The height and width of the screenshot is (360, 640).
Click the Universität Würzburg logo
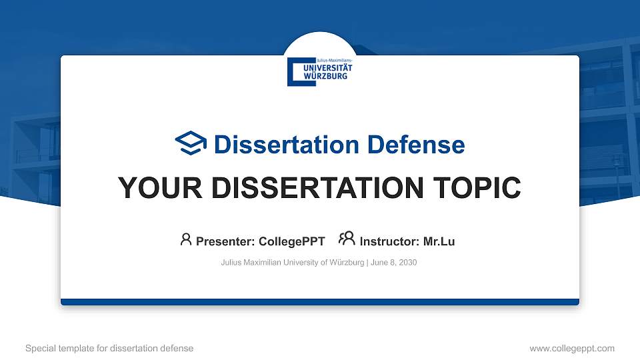tap(320, 71)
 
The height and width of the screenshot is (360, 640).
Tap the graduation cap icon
tap(191, 143)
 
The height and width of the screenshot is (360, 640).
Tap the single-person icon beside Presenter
tap(186, 239)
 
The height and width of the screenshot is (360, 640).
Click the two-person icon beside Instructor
tap(347, 239)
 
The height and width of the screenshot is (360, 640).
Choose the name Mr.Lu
tap(439, 241)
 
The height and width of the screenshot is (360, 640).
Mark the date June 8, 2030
tap(394, 263)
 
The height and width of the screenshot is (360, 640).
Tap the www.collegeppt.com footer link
tap(572, 348)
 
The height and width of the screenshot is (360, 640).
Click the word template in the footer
tap(75, 348)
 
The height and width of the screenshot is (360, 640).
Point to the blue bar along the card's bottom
tap(320, 302)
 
